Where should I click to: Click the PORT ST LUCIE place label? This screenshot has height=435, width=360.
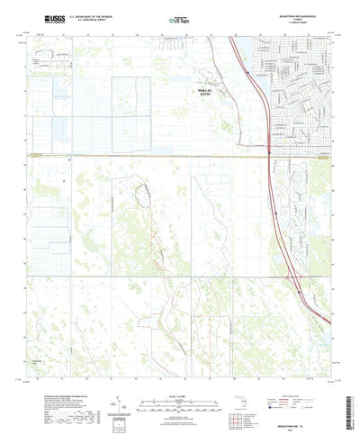(183, 93)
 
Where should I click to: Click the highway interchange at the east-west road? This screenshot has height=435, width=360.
(270, 153)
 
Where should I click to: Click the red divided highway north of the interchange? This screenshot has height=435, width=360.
(252, 99)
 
